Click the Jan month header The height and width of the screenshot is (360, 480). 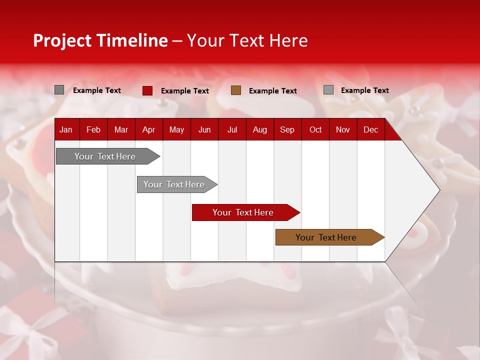pyautogui.click(x=66, y=129)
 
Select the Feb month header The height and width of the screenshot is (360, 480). pyautogui.click(x=93, y=129)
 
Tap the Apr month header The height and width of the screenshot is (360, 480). pyautogui.click(x=148, y=129)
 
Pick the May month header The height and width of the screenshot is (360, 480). pyautogui.click(x=176, y=129)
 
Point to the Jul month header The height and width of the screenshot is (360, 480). pyautogui.click(x=232, y=129)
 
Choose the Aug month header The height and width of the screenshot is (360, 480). pyautogui.click(x=259, y=129)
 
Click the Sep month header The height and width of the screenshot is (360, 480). pyautogui.click(x=287, y=129)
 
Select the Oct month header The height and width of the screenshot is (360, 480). pyautogui.click(x=315, y=129)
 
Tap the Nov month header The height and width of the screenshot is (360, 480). pyautogui.click(x=343, y=129)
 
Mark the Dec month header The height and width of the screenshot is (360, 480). pyautogui.click(x=370, y=129)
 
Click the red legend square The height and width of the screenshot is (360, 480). pyautogui.click(x=147, y=90)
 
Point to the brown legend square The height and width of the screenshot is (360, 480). pyautogui.click(x=236, y=90)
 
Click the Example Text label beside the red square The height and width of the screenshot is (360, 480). pyautogui.click(x=185, y=91)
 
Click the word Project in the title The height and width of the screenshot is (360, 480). pyautogui.click(x=62, y=40)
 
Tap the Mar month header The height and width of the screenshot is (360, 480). pyautogui.click(x=121, y=129)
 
